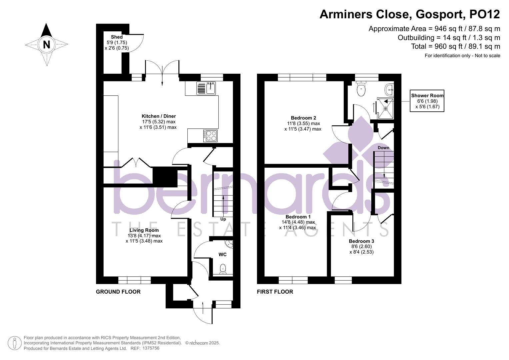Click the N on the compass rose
pos(46,44)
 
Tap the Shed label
pos(117,37)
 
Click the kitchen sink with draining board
pos(206,88)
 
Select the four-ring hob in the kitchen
pos(210,135)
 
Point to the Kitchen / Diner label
pos(159,116)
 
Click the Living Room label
pos(144,230)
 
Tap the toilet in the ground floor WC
pos(223,268)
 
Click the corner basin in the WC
pos(229,244)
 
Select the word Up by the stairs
pos(223,219)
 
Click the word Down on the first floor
pos(383,148)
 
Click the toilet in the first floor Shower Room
pos(361,89)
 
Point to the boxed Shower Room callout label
pos(427,96)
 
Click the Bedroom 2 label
pos(303,118)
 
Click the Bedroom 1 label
pos(298,217)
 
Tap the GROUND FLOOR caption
pos(118,292)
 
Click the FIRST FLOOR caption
pos(275,292)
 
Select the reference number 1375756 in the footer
pos(151,348)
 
